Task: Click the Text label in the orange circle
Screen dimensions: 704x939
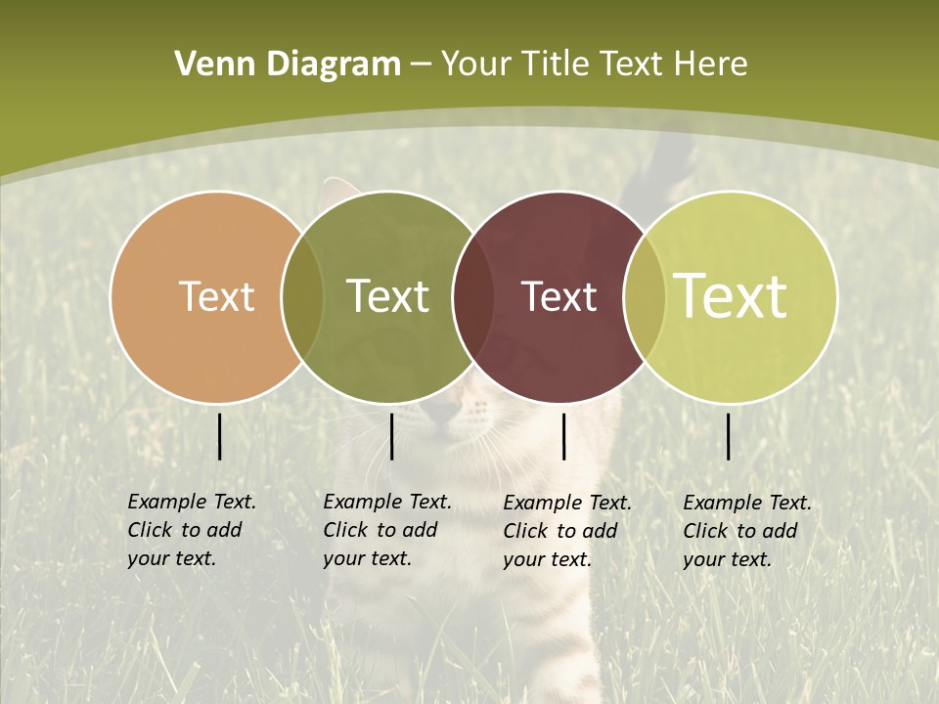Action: point(217,296)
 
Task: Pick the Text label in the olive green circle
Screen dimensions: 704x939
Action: point(388,296)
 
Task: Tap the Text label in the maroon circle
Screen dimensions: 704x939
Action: point(559,296)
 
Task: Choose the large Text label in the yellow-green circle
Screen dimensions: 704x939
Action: point(731,295)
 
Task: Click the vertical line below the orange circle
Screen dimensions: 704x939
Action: point(219,436)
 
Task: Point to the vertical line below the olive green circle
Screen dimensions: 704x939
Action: point(391,436)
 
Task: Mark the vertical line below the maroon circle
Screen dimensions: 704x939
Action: point(563,436)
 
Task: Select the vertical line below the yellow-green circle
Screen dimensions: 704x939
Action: point(728,436)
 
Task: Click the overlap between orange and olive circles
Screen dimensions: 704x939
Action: point(302,296)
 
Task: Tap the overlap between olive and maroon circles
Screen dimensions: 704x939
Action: point(473,296)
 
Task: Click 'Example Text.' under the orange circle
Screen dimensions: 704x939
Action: point(192,502)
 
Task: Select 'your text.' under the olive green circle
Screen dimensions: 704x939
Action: point(367,558)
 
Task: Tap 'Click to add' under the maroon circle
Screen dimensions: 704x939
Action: point(560,531)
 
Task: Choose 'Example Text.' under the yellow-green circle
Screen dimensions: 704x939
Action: point(747,503)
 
